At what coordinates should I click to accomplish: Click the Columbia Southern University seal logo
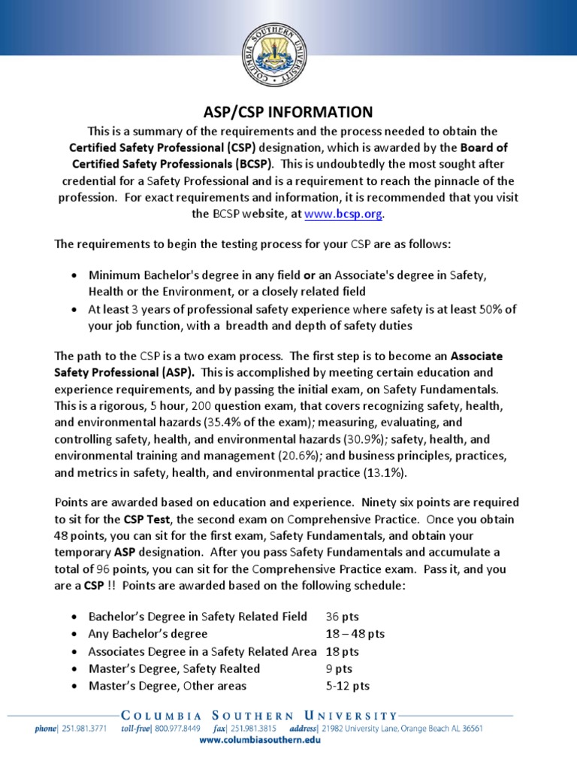[x=288, y=54]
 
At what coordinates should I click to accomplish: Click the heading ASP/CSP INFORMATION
[x=288, y=112]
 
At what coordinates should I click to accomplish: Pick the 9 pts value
[x=340, y=668]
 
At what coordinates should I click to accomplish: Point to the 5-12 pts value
[x=348, y=686]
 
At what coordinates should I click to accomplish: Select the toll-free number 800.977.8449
[x=179, y=729]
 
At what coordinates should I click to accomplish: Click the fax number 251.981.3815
[x=255, y=729]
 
